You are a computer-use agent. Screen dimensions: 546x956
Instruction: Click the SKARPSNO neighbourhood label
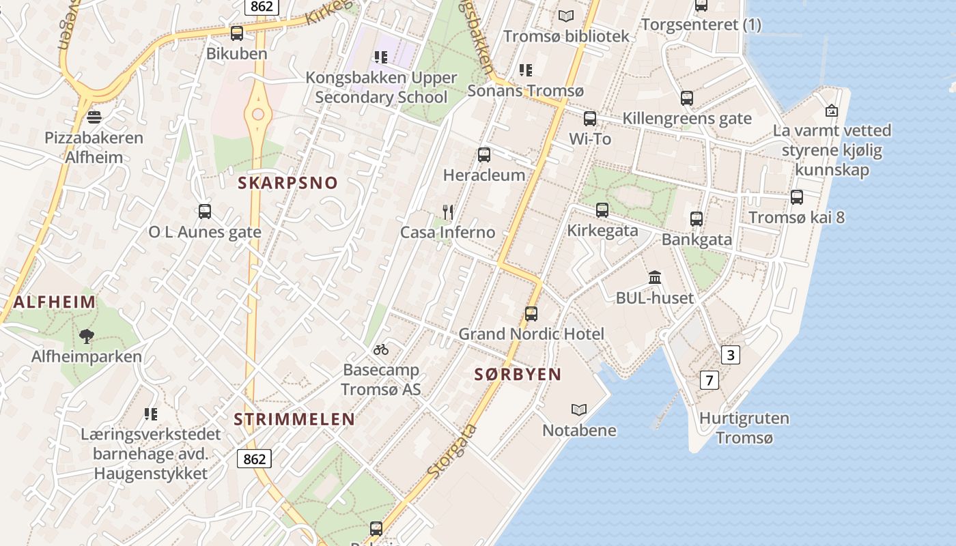coord(287,183)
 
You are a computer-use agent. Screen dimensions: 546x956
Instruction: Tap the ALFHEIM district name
coord(54,302)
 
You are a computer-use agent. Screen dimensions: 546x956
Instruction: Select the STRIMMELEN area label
coord(294,419)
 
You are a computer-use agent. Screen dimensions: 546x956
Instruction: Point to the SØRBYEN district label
coord(518,374)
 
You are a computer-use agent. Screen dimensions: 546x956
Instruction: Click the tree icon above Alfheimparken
coord(86,336)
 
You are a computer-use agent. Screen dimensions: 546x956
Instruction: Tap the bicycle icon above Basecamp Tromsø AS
coord(381,349)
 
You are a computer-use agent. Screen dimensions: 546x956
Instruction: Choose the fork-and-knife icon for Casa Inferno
coord(448,212)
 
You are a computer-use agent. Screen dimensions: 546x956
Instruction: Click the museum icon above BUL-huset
coord(655,277)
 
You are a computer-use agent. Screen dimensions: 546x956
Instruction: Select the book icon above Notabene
coord(579,409)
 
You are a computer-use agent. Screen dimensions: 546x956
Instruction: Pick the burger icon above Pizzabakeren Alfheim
coord(94,117)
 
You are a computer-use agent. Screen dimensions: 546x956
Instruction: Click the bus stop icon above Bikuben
coord(237,33)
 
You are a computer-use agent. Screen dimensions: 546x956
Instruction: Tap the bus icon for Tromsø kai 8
coord(796,197)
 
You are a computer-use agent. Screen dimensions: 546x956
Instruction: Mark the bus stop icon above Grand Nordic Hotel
coord(531,314)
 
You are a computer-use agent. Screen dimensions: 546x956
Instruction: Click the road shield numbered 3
coord(731,355)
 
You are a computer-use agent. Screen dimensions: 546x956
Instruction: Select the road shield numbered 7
coord(709,380)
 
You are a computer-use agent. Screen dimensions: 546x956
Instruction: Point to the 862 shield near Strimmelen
coord(254,459)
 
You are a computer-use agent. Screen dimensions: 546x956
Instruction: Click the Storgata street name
coord(452,450)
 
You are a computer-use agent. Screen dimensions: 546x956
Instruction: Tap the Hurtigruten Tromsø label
coord(744,428)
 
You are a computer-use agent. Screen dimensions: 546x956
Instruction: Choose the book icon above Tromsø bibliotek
coord(566,15)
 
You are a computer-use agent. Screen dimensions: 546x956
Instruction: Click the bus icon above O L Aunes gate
coord(205,212)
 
